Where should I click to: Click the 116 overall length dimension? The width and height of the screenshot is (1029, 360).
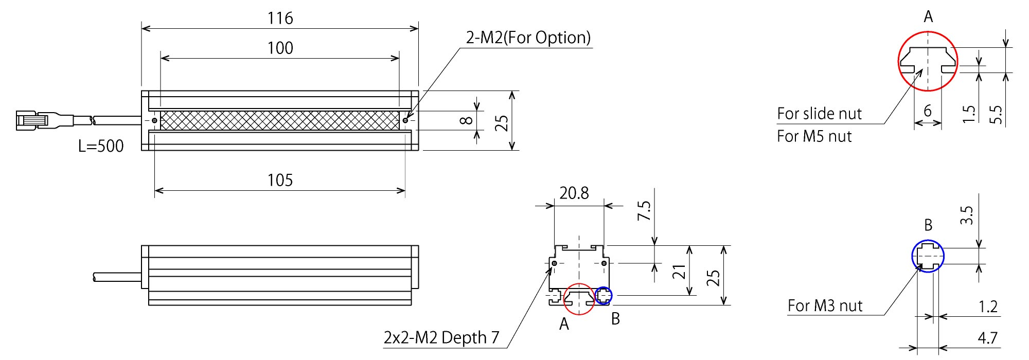click(x=280, y=19)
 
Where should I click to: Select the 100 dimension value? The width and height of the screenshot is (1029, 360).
click(x=280, y=48)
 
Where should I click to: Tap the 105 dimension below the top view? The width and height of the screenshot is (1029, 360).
click(x=280, y=181)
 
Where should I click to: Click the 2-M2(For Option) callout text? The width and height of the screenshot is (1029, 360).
click(x=528, y=38)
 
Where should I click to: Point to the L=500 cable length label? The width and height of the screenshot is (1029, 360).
click(x=101, y=146)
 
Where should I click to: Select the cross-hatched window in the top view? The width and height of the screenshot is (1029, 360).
click(x=280, y=120)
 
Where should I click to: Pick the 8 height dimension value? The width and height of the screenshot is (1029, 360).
click(x=466, y=120)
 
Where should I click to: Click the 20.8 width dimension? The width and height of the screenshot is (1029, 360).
click(x=574, y=193)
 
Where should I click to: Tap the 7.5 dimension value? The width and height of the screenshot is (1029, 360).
click(x=644, y=211)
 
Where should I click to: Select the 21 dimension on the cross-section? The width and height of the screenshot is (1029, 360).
click(x=680, y=272)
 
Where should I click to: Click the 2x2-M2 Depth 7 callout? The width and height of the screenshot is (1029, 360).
click(x=441, y=338)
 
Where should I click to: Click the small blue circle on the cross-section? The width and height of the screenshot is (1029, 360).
click(x=604, y=296)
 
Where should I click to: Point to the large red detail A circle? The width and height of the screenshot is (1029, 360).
click(x=928, y=61)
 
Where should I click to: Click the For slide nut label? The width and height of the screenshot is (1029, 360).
click(x=819, y=114)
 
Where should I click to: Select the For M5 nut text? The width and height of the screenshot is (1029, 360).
click(x=814, y=136)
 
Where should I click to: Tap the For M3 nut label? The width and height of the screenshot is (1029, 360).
click(x=825, y=306)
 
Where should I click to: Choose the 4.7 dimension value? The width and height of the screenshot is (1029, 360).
click(x=987, y=338)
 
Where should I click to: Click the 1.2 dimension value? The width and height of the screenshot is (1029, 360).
click(x=987, y=307)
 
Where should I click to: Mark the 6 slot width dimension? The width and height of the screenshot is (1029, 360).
click(x=928, y=111)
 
